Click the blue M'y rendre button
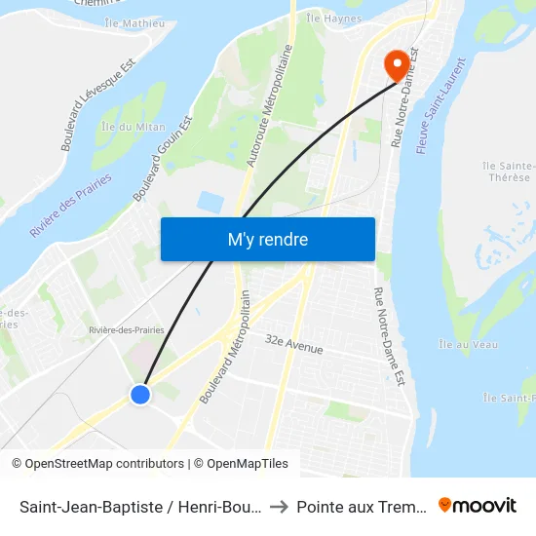[267, 239]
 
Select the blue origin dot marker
[140, 394]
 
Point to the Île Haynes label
[333, 19]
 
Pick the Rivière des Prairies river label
[70, 206]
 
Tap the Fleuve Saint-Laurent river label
[441, 105]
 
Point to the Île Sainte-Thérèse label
[506, 172]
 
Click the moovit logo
[478, 505]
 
